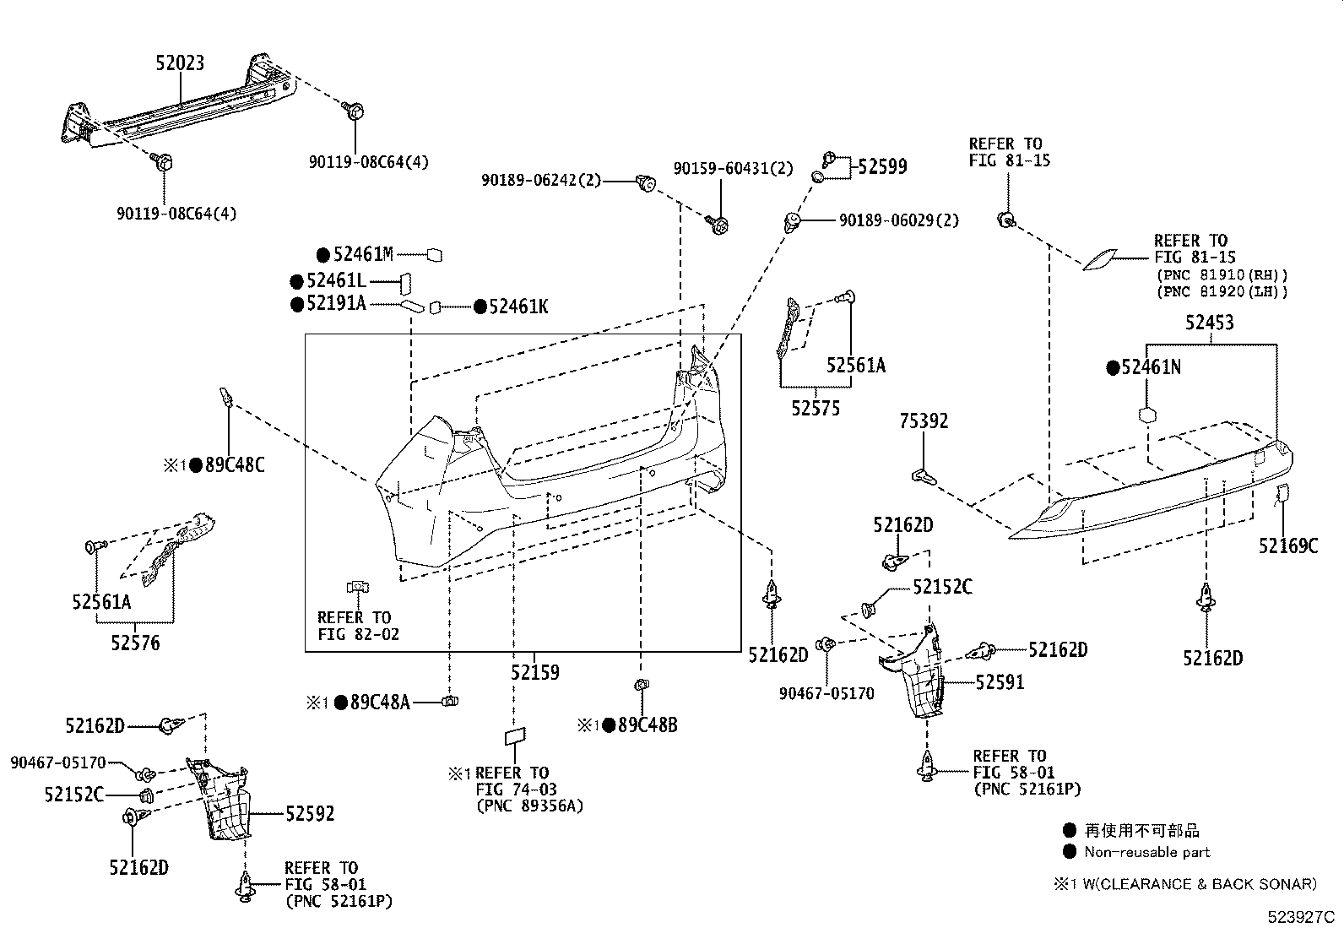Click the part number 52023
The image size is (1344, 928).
[x=180, y=63]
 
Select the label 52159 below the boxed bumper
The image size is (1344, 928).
[x=534, y=672]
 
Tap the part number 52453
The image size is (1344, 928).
[x=1210, y=323]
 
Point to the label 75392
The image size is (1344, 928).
[x=924, y=421]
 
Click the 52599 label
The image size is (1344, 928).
[x=882, y=167]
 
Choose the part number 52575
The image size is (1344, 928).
[x=816, y=408]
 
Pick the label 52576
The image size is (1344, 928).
[x=135, y=643]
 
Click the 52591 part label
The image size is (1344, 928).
[x=1000, y=682]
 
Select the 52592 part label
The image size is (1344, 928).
[x=310, y=814]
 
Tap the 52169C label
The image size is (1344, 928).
[x=1288, y=546]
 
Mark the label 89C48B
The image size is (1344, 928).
[x=648, y=725]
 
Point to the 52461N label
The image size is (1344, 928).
[x=1151, y=367]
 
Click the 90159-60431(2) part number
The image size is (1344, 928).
[x=733, y=169]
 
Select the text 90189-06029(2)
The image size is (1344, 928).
[x=899, y=221]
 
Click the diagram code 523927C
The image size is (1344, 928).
[x=1301, y=917]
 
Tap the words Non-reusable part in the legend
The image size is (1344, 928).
[x=1146, y=852]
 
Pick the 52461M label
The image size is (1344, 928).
[x=363, y=254]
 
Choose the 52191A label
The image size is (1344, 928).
[x=336, y=304]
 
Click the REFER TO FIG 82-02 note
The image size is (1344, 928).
[x=358, y=626]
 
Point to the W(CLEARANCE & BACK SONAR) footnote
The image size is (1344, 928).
[x=1200, y=884]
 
